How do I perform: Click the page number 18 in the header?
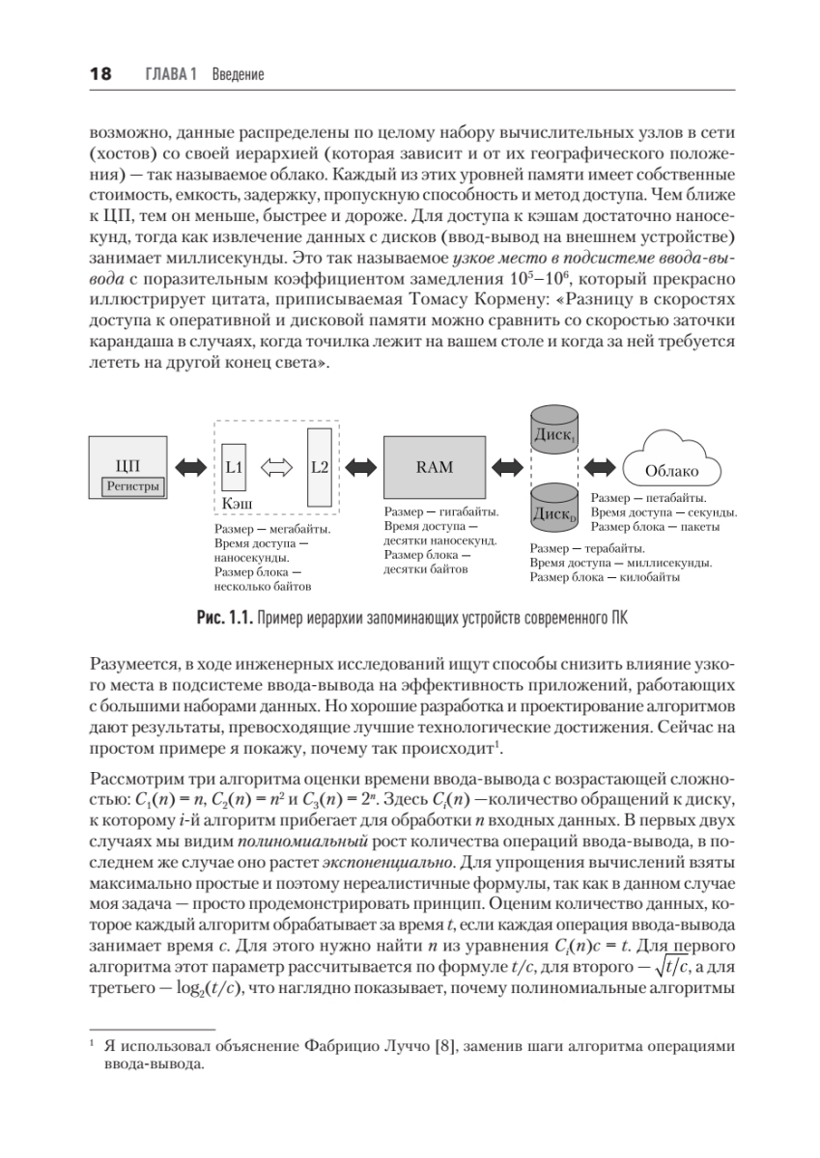pos(100,74)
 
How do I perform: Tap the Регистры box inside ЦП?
pos(132,486)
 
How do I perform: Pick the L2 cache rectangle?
pos(320,467)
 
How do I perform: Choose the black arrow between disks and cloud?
pos(600,467)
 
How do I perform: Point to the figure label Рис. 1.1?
pos(223,618)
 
